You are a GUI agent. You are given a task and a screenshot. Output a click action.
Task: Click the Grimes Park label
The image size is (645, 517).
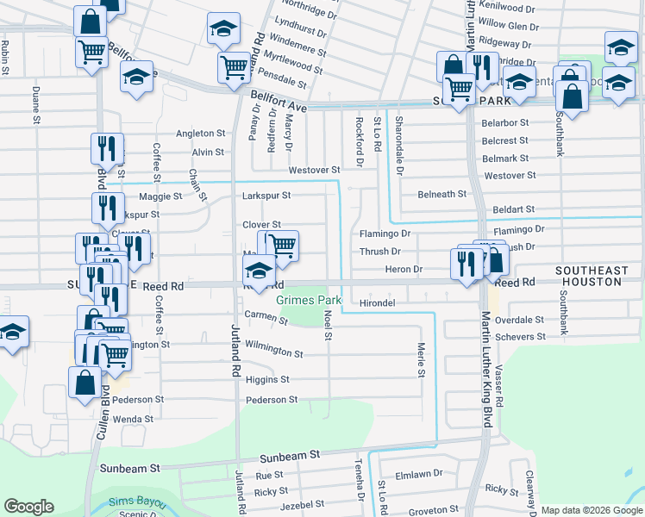click(309, 301)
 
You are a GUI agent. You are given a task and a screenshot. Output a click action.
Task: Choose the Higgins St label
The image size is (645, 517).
click(267, 379)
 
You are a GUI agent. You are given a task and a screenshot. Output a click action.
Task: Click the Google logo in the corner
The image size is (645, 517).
click(28, 507)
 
